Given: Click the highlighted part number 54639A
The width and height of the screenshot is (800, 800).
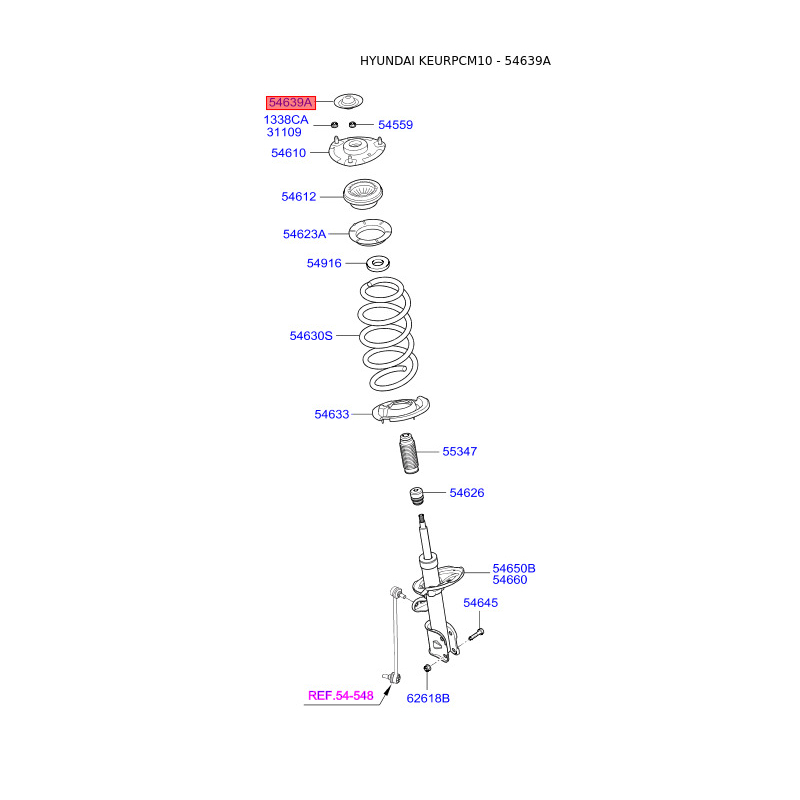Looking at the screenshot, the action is tap(291, 102).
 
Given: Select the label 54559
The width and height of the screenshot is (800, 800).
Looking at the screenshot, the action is tap(395, 125).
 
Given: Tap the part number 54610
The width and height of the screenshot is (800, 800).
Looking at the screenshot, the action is tap(288, 153).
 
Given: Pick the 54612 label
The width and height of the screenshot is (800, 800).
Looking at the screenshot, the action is tap(298, 197).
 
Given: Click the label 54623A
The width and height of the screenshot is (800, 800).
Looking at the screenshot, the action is tap(304, 234).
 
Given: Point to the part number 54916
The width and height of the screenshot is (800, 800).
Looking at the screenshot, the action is tap(324, 263).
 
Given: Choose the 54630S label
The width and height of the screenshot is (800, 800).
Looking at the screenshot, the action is tap(311, 336).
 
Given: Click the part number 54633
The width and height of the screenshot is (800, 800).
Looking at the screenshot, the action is tap(332, 414).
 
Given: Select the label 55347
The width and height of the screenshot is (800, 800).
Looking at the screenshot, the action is tap(460, 452).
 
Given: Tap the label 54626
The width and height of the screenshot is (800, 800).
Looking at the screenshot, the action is tap(467, 493).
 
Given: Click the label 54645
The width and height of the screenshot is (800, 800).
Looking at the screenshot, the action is tap(480, 603).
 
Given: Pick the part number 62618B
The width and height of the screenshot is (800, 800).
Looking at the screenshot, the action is tap(428, 698).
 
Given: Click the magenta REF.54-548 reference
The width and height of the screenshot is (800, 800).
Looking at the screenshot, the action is tap(340, 695).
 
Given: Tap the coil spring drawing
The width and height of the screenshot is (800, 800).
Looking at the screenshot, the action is tap(386, 335).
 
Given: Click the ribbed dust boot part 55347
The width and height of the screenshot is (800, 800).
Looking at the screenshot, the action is tap(404, 458).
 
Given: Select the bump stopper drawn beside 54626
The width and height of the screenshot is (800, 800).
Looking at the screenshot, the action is tap(415, 496).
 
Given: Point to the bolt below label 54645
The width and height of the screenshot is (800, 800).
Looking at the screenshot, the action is tap(475, 634).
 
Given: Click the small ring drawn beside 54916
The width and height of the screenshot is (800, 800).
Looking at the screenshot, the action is tap(378, 263).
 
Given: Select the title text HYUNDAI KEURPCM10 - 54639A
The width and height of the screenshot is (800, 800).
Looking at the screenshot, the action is tap(455, 61).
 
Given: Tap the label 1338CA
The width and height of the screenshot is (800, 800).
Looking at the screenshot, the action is tap(286, 120).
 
